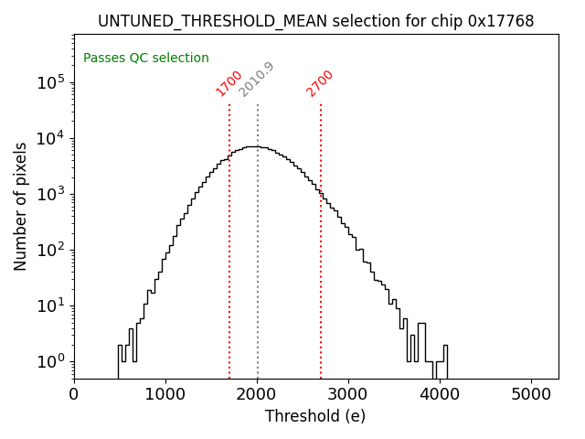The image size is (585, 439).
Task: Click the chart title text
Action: pyautogui.click(x=315, y=20)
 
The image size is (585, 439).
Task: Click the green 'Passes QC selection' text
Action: pyautogui.click(x=146, y=59)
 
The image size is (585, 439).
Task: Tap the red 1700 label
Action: pyautogui.click(x=229, y=83)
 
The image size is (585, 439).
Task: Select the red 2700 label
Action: pyautogui.click(x=320, y=83)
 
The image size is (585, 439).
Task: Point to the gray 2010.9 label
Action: pyautogui.click(x=256, y=80)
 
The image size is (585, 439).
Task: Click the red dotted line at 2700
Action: pyautogui.click(x=321, y=274)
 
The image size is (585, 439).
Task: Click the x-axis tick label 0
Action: pyautogui.click(x=74, y=394)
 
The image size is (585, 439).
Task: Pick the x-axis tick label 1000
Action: pyautogui.click(x=165, y=394)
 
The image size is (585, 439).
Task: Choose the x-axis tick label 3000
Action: pyautogui.click(x=348, y=394)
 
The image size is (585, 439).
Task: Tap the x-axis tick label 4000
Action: pyautogui.click(x=440, y=394)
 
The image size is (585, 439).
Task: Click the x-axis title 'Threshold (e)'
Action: pyautogui.click(x=315, y=416)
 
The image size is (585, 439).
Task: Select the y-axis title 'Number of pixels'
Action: pyautogui.click(x=20, y=207)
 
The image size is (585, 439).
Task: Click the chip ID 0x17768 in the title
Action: pyautogui.click(x=502, y=20)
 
